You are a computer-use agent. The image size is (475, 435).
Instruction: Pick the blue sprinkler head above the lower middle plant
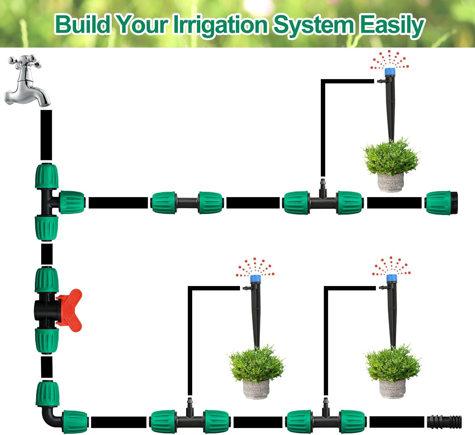click(255, 279)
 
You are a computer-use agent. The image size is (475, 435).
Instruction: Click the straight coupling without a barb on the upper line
click(187, 202)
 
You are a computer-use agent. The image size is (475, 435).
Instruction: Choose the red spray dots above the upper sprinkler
click(389, 60)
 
